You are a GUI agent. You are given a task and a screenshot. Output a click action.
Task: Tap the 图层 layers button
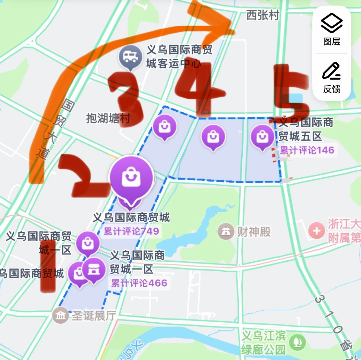point(331,30)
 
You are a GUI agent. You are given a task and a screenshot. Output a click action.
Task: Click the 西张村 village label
point(262,15)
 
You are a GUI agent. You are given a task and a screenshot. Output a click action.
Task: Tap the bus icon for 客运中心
point(130,57)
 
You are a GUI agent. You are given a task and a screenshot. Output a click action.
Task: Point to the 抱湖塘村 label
point(108,118)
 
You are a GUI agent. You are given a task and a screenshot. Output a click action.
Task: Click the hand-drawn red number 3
point(126,97)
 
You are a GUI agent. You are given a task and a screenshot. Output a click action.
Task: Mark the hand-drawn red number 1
point(48,266)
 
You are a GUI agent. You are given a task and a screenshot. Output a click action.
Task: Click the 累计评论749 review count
point(131,231)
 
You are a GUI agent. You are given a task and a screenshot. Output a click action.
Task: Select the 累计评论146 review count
point(307,150)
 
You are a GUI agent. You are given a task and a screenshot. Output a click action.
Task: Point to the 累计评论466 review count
point(139,283)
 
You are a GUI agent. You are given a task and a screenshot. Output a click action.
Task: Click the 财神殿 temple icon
point(226,231)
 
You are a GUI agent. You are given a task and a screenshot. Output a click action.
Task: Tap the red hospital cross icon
point(317,231)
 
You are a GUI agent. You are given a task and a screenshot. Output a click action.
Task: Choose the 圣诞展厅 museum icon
point(60,315)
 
